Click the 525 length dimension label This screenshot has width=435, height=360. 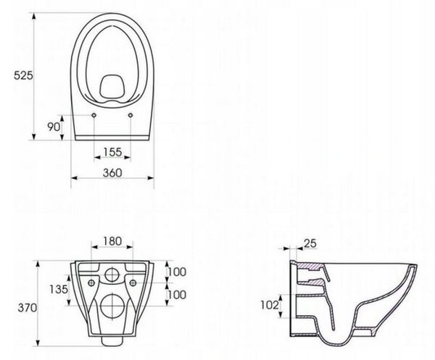(24, 75)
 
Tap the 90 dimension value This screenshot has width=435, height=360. (54, 127)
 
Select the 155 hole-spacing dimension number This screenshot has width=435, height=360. (112, 152)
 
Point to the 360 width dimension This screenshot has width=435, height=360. (112, 173)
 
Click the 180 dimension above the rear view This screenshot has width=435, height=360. (112, 241)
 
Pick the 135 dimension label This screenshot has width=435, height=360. (59, 289)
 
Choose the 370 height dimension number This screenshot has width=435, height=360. (28, 308)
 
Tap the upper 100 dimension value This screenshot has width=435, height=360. (177, 272)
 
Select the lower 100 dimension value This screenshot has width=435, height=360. (177, 295)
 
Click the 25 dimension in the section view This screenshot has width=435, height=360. (310, 243)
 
